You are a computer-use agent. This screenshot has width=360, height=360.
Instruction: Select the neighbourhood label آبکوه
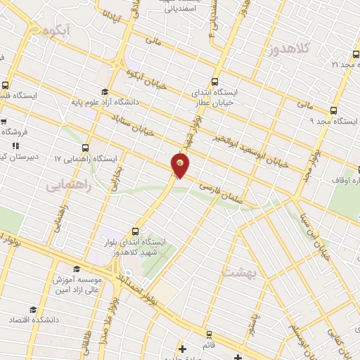(x=58, y=32)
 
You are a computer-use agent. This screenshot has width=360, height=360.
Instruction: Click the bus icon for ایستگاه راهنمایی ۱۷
(x=85, y=148)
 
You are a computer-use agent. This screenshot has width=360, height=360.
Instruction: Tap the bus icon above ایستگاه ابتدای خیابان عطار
(x=214, y=82)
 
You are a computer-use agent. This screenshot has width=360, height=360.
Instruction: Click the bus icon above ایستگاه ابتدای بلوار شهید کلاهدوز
(x=135, y=231)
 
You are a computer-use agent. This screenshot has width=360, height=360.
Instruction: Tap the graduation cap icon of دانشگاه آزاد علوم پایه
(x=105, y=92)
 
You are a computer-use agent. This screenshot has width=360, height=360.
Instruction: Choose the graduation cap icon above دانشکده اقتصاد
(x=32, y=309)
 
